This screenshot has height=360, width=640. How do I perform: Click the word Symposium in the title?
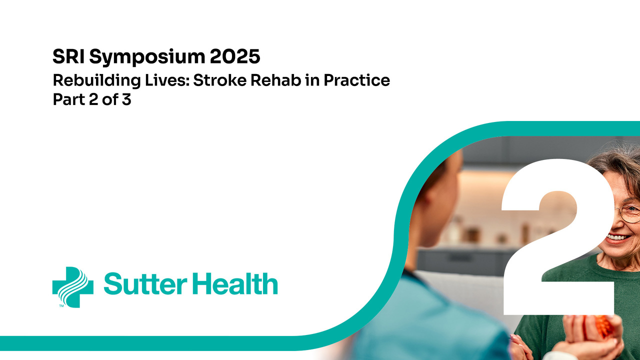[147, 57]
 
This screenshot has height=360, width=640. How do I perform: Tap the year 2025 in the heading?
[235, 56]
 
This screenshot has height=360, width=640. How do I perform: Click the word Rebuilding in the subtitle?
[97, 81]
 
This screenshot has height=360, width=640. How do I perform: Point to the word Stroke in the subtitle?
[219, 80]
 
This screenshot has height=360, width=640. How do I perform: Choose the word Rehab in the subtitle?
[275, 80]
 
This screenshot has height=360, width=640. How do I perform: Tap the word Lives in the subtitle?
[167, 80]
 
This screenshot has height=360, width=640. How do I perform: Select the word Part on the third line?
[69, 99]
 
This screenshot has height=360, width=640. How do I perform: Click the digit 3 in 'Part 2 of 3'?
[126, 99]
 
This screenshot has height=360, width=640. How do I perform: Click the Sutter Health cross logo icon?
[73, 287]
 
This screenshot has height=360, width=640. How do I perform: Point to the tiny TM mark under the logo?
[61, 305]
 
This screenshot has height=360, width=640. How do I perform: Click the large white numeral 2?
[557, 237]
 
